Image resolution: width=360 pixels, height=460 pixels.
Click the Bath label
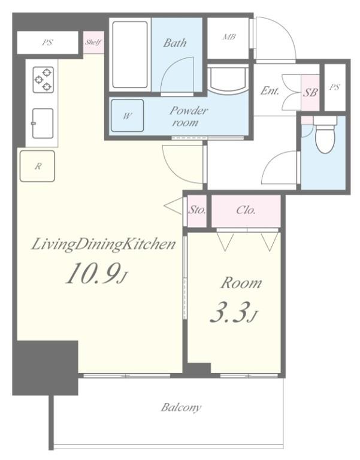coord(175,43)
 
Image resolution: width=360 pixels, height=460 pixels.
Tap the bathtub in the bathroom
coord(129,55)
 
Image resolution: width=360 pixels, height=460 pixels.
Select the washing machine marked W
coord(127,115)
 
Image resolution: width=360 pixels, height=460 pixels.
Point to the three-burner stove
coord(43,80)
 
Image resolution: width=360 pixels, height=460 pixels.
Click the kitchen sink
coord(43,123)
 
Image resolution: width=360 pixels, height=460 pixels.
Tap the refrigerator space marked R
coord(37,167)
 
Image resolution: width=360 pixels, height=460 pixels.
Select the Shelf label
coord(93,43)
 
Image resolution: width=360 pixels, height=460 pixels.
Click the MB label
coord(229,37)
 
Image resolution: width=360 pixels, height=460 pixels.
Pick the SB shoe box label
coord(310,92)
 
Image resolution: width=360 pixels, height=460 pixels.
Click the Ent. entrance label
coord(270,90)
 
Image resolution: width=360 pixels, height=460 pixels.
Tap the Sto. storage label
coord(196,210)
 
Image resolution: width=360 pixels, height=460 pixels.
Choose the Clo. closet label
coord(246,210)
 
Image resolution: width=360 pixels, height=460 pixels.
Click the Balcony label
coord(181,407)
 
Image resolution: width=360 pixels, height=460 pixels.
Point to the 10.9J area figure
coord(97,274)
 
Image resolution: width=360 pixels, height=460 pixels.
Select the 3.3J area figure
coord(234,312)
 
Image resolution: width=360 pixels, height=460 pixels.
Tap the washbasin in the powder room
coord(228,79)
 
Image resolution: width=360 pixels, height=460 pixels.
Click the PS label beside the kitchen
coord(47,43)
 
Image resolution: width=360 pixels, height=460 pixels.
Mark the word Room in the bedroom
coord(241,283)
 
